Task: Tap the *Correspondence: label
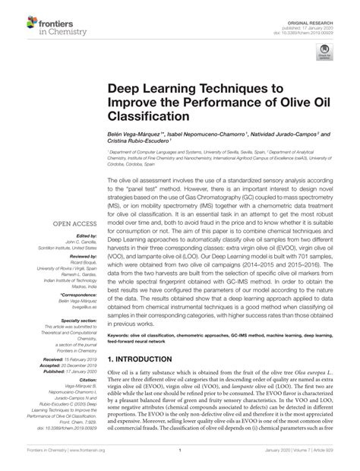coord(74,292)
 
